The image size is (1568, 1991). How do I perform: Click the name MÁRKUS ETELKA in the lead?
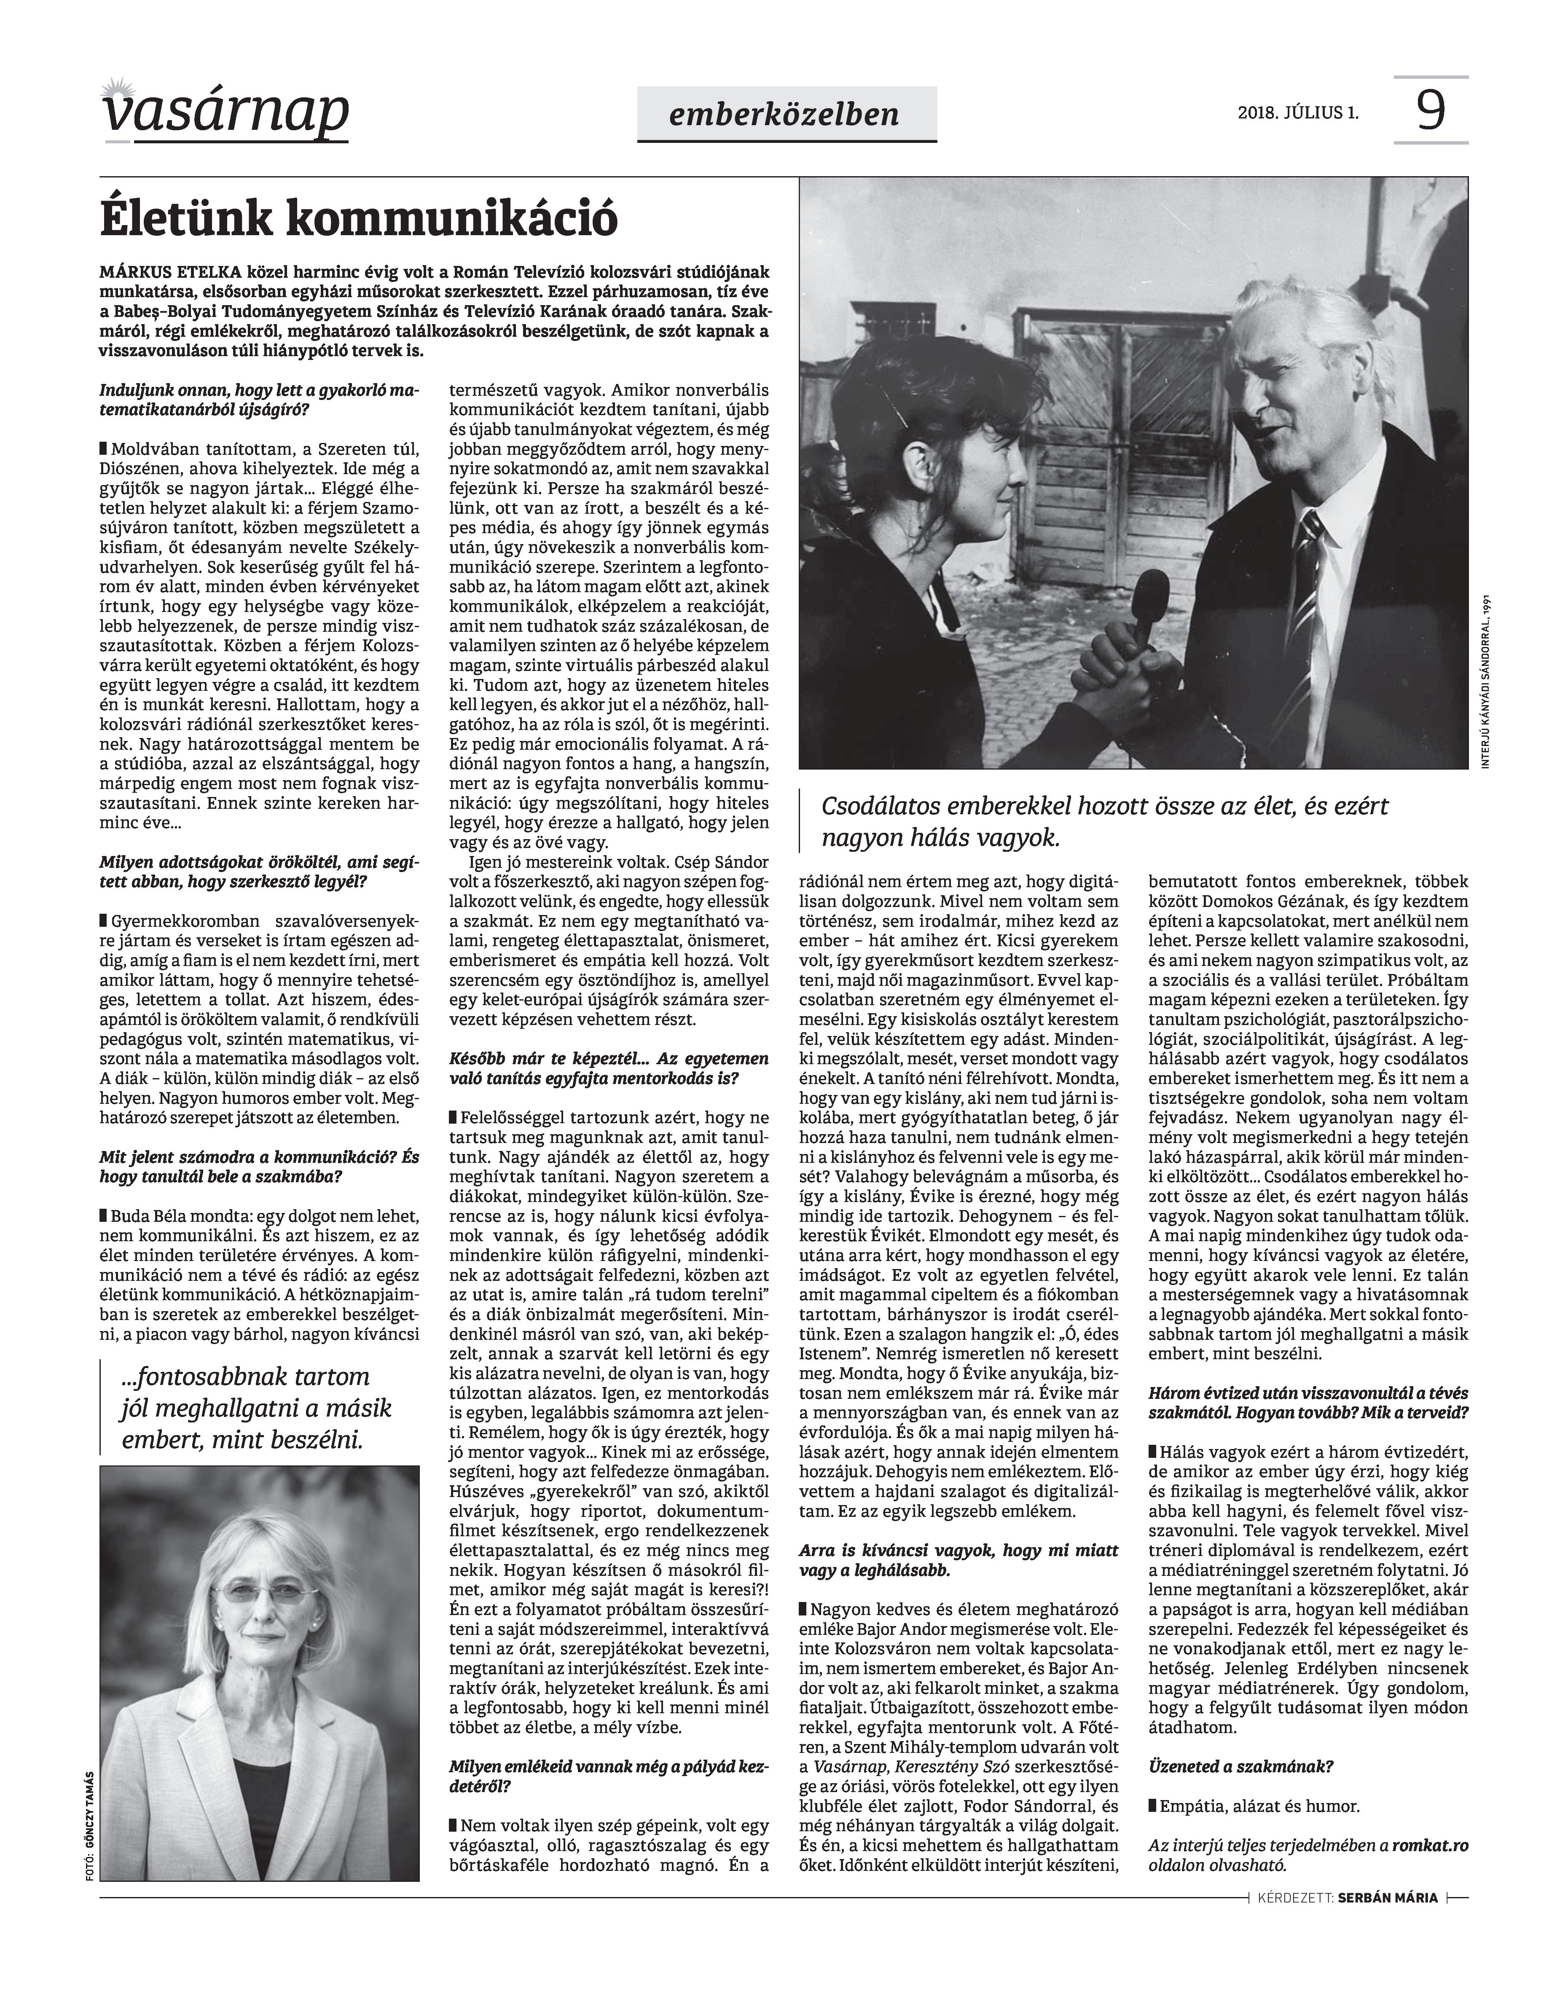(171, 274)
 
